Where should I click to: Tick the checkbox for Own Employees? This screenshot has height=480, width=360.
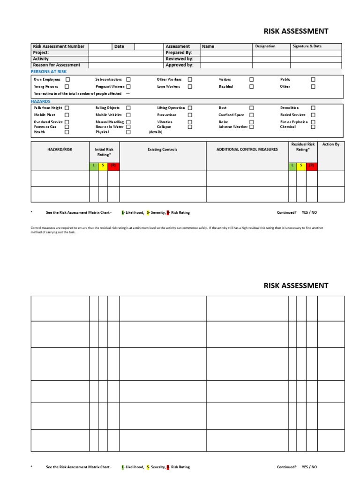(67, 80)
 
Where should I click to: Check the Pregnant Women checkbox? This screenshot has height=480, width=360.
(128, 87)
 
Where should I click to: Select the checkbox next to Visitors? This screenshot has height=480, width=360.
(252, 80)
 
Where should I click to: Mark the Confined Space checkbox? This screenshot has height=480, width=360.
(252, 115)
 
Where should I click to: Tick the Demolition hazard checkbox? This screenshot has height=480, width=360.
(313, 108)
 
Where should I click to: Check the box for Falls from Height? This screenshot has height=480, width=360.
(67, 108)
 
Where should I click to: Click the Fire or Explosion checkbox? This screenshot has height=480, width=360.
(313, 122)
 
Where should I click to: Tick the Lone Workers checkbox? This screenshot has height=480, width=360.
(190, 87)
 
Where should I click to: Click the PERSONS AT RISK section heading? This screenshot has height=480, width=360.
(49, 71)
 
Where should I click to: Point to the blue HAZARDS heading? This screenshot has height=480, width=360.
(41, 101)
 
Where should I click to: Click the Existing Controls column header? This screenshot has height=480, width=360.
(163, 150)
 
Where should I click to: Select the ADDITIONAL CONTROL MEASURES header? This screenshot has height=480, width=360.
(247, 150)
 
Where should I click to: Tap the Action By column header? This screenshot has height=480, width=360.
(330, 144)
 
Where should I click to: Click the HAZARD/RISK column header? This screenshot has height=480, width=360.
(60, 150)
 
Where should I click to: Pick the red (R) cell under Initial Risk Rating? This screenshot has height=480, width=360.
(113, 166)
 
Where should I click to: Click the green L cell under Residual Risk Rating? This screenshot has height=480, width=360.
(292, 166)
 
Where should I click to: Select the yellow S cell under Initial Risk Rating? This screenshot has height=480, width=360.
(103, 166)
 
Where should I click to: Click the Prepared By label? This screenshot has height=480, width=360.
(179, 53)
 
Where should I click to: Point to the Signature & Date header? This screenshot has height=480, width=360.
(307, 46)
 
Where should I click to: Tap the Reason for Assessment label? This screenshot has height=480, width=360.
(56, 65)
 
